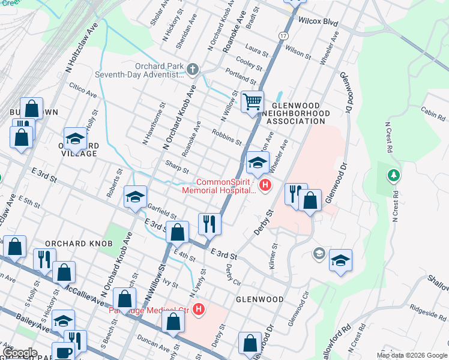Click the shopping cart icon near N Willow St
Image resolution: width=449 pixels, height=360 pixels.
253,101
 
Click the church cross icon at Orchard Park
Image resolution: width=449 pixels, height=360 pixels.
192,70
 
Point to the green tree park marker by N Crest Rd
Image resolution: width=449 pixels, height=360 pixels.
394,176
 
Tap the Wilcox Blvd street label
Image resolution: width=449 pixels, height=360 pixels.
318,22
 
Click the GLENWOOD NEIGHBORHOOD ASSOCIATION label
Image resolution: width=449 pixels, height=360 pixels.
298,113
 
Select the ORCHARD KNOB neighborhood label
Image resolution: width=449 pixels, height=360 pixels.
70,244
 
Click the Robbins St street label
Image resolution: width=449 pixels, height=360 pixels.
226,137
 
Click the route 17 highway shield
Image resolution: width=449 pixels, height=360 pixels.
282,36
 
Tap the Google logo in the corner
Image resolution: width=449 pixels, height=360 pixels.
19,353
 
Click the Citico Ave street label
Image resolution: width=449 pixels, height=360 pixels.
82,91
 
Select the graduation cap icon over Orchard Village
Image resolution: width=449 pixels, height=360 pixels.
76,137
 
